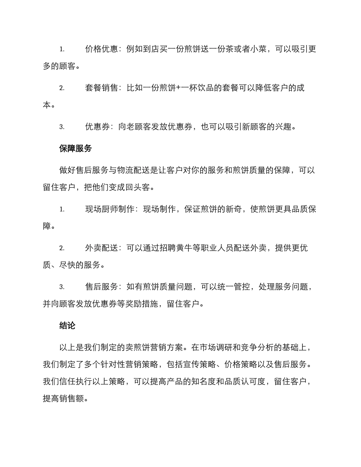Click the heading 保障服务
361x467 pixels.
(76, 149)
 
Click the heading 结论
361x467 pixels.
(67, 325)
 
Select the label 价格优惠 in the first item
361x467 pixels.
(101, 49)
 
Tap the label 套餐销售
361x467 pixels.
(101, 88)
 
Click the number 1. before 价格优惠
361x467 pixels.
(62, 49)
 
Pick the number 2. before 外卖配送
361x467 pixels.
(62, 248)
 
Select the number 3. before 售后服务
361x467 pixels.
(62, 287)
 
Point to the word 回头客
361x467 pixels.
(143, 188)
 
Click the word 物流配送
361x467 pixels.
(130, 170)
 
